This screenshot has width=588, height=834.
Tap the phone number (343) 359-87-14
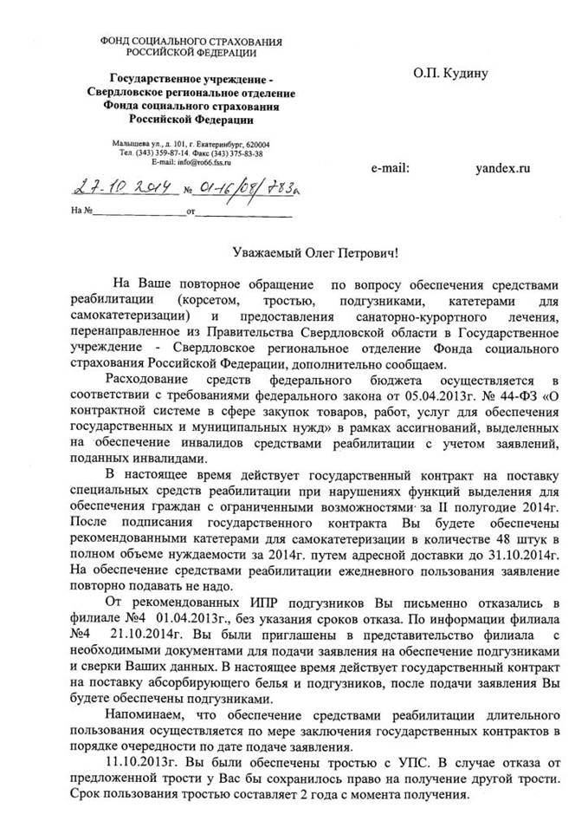(160, 153)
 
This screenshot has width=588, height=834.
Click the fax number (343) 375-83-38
(238, 153)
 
